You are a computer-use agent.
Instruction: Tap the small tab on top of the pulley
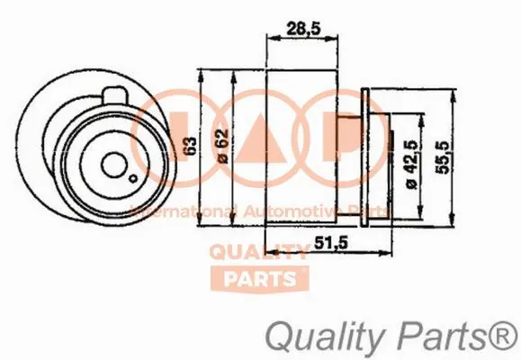[x=116, y=94]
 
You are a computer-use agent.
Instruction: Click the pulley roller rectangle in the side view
[x=304, y=148]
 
